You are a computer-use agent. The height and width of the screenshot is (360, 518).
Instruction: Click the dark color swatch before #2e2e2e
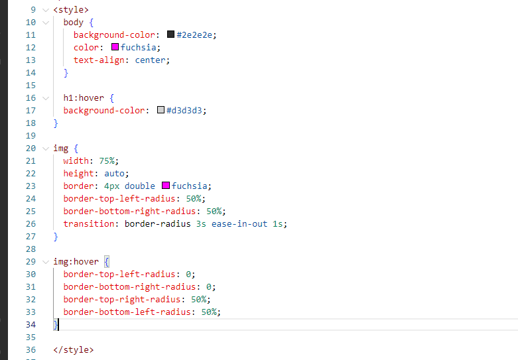pyautogui.click(x=171, y=34)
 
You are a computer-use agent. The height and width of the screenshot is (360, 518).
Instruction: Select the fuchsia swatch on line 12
pyautogui.click(x=115, y=47)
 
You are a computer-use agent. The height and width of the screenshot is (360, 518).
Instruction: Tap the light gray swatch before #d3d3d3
pyautogui.click(x=161, y=110)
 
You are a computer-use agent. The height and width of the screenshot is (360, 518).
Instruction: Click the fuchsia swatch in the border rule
pyautogui.click(x=166, y=186)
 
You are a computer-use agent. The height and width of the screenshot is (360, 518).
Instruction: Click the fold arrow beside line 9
pyautogui.click(x=46, y=10)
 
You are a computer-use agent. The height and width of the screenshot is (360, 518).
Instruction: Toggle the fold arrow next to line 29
pyautogui.click(x=46, y=262)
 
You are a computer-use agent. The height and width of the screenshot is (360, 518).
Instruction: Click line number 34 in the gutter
pyautogui.click(x=31, y=325)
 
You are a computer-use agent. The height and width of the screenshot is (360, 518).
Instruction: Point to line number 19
pyautogui.click(x=31, y=136)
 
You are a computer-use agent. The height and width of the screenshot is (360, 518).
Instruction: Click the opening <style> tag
pyautogui.click(x=71, y=10)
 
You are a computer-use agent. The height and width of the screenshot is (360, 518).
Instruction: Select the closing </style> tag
pyautogui.click(x=74, y=350)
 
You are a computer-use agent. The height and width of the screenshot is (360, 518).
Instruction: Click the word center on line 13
pyautogui.click(x=150, y=60)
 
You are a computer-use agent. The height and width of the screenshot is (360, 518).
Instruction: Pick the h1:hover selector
pyautogui.click(x=84, y=98)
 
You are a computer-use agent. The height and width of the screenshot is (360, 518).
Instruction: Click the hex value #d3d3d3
pyautogui.click(x=184, y=110)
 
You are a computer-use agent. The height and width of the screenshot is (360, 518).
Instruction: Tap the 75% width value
pyautogui.click(x=107, y=161)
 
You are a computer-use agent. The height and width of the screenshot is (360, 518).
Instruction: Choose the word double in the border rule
pyautogui.click(x=140, y=186)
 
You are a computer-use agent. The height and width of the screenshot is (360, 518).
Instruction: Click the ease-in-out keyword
pyautogui.click(x=239, y=224)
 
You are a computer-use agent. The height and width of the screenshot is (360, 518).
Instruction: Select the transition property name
pyautogui.click(x=89, y=224)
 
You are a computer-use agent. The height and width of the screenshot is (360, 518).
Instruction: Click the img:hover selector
pyautogui.click(x=76, y=262)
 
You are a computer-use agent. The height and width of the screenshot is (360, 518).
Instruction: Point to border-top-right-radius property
pyautogui.click(x=122, y=300)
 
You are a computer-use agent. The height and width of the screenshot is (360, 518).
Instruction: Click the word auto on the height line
pyautogui.click(x=114, y=174)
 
